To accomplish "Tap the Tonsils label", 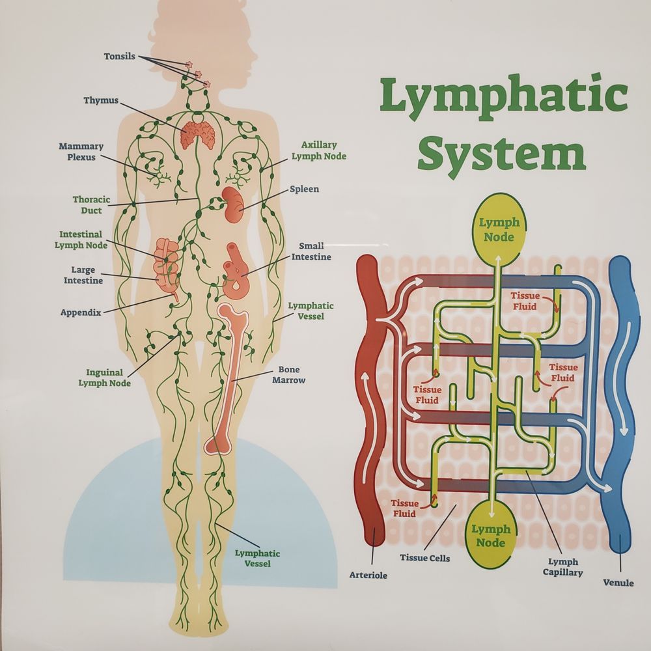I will pos(120,57).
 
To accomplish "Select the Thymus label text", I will pos(101,101).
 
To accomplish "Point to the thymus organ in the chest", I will pos(198,133).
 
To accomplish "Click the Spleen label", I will pos(304,189).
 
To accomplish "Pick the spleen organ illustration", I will pos(232,202).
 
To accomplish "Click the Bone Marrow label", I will pos(288,374).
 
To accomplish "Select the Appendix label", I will pos(81,312).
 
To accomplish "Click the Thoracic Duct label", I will pos(91,205).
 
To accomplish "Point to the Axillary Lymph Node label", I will pos(318,151).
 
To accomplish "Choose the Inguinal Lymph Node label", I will pos(104,378).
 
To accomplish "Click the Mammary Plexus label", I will pos(81,152).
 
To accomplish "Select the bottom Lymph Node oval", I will pos(491,536).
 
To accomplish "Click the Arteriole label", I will pos(368,575).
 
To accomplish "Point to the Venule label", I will pos(618,583).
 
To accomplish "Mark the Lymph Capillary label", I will pos(563,567).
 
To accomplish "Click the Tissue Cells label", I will pos(424,558).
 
